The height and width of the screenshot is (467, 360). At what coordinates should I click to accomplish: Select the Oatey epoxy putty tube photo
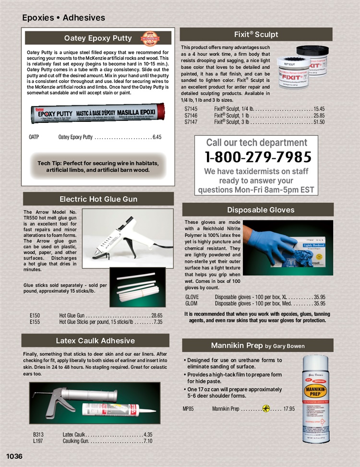(97, 113)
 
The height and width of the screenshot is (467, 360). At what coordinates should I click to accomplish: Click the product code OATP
(34, 137)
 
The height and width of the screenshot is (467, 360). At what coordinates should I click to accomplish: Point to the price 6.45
(157, 137)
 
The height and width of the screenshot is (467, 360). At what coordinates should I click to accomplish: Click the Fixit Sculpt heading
(256, 35)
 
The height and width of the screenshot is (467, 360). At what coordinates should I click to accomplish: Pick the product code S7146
(191, 116)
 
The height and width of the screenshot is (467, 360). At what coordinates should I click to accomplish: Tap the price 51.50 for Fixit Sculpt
(319, 122)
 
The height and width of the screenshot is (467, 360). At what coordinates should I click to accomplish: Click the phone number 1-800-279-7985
(258, 157)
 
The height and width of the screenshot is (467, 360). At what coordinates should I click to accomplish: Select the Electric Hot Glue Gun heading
(98, 199)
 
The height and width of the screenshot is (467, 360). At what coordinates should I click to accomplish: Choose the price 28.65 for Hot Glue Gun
(157, 315)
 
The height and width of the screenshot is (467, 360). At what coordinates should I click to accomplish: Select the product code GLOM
(191, 304)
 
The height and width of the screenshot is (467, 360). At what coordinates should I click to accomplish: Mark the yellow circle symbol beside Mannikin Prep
(266, 409)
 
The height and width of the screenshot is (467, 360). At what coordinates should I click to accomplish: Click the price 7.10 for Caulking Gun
(148, 441)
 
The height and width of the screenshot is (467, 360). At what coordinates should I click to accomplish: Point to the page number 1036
(14, 456)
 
